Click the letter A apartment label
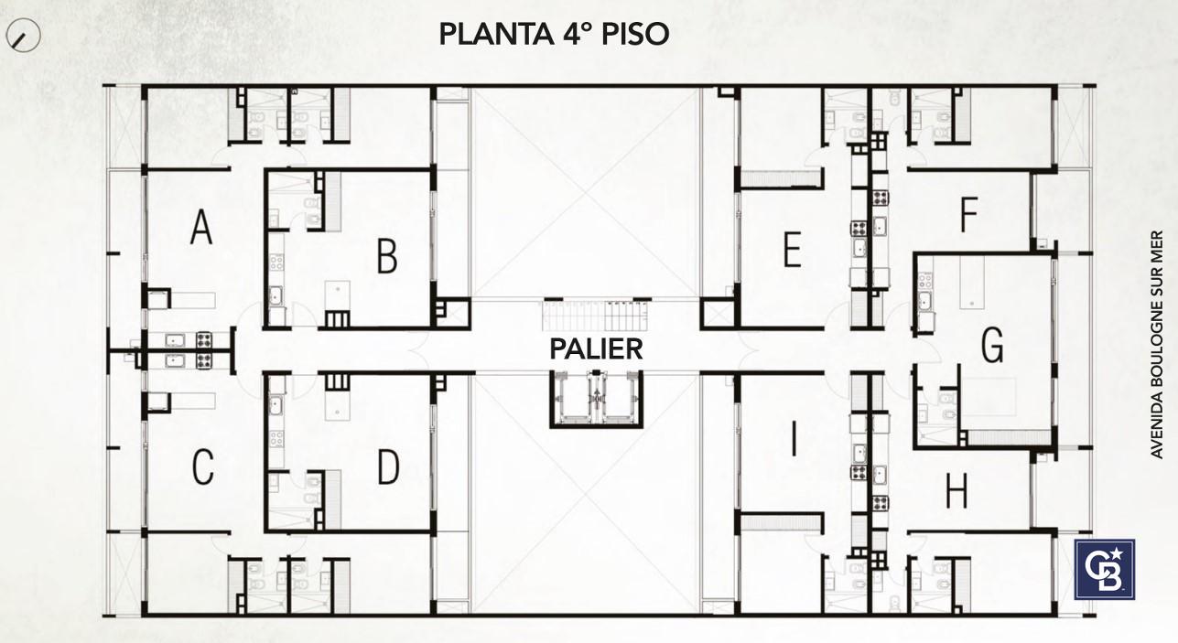point(201,227)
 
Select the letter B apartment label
point(387,256)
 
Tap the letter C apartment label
point(203,466)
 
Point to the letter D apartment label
point(389,466)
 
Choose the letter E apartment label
point(793,250)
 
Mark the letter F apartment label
point(968,214)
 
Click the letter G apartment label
point(992,345)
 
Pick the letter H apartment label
point(956,490)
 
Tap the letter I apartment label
point(794,439)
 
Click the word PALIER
point(596,349)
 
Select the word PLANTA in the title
point(496,34)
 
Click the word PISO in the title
point(635,34)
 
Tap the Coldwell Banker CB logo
point(1105,570)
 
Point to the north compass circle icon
point(23,35)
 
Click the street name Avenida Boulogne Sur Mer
point(1157,344)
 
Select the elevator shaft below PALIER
point(597,400)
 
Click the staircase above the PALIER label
point(597,316)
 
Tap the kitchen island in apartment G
point(972,282)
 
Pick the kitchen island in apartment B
point(337,297)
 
